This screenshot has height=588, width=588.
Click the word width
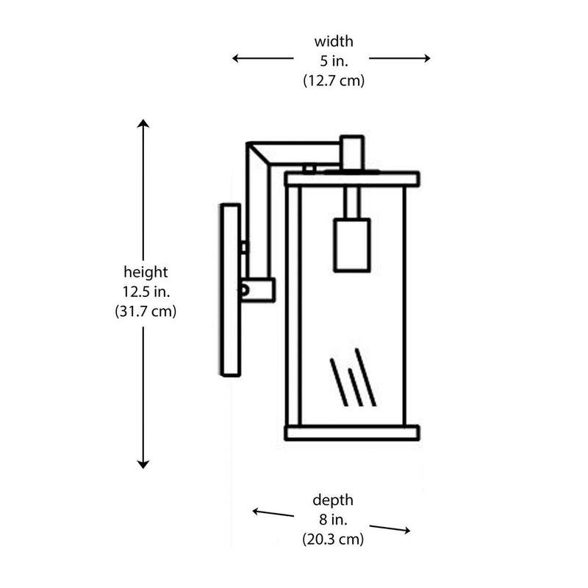(x=334, y=42)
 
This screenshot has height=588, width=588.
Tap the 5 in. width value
(x=334, y=61)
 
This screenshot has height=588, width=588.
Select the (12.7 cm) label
(x=334, y=81)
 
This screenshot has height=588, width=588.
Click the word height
(x=146, y=272)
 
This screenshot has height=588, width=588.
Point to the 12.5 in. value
(x=146, y=292)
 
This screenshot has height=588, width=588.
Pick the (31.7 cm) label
(x=146, y=312)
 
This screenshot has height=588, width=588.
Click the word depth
(x=333, y=501)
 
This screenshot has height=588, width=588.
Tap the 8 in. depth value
(x=334, y=520)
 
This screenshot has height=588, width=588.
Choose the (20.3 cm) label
(x=333, y=539)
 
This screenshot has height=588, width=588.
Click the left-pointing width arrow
(x=262, y=58)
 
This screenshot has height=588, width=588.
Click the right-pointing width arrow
(x=400, y=58)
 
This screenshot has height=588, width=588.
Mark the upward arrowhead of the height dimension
(x=143, y=123)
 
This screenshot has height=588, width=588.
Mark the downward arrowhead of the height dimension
(x=143, y=465)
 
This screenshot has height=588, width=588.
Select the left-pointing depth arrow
(x=273, y=512)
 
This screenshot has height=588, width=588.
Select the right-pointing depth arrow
(x=390, y=528)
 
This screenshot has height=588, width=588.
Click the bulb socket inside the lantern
(x=352, y=245)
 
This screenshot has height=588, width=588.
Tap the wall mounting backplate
(x=231, y=290)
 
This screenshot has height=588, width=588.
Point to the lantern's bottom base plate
(x=352, y=433)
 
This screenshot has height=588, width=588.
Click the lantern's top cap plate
(x=352, y=179)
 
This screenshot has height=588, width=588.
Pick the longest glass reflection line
(x=365, y=377)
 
